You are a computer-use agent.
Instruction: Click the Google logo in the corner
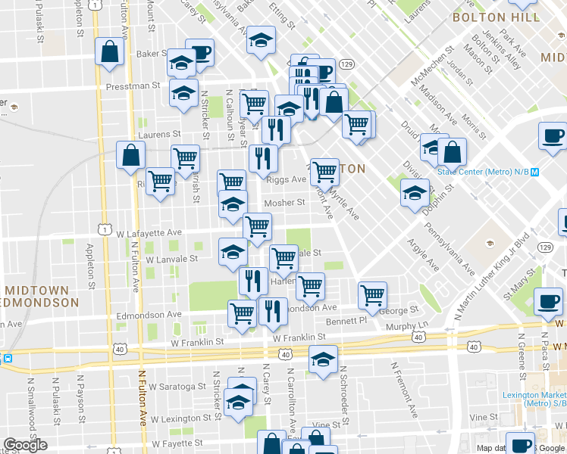point(25,444)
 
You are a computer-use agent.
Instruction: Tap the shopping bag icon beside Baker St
point(110,52)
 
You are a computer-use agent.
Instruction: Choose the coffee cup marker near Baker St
point(200,53)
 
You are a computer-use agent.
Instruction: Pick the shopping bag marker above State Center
point(452,151)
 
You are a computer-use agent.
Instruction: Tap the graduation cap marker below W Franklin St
point(323,360)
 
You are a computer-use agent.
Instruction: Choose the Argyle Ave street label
point(423,257)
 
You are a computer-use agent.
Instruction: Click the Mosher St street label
point(283,203)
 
